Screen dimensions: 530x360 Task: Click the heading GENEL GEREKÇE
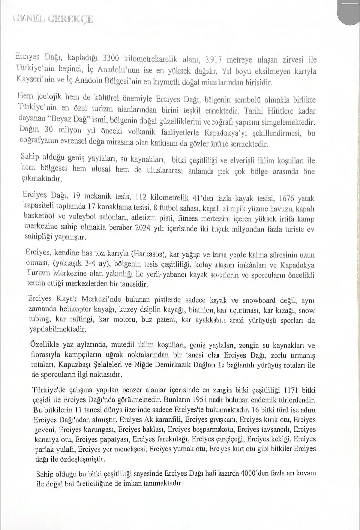point(53,19)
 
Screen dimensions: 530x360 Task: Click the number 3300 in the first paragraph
point(111,58)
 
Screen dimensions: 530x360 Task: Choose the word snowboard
point(259,300)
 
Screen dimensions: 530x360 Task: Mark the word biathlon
point(201,310)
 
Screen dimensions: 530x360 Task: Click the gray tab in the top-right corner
point(349,12)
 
